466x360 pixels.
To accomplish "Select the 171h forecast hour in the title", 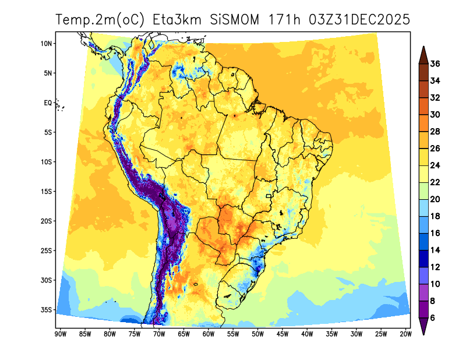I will pos(285,19).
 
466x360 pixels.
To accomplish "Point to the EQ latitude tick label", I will pos(48,103).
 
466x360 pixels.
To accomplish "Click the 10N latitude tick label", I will pos(47,44).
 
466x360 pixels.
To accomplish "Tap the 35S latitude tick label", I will pos(47,310).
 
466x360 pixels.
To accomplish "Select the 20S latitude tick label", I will pos(47,221).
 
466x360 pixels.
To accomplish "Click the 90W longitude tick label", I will pos(59,334).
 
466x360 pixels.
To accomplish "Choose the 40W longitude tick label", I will pos(307,334).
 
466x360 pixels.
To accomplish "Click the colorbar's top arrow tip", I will pos(424,47).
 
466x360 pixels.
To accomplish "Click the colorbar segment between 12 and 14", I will pos(424,258).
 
